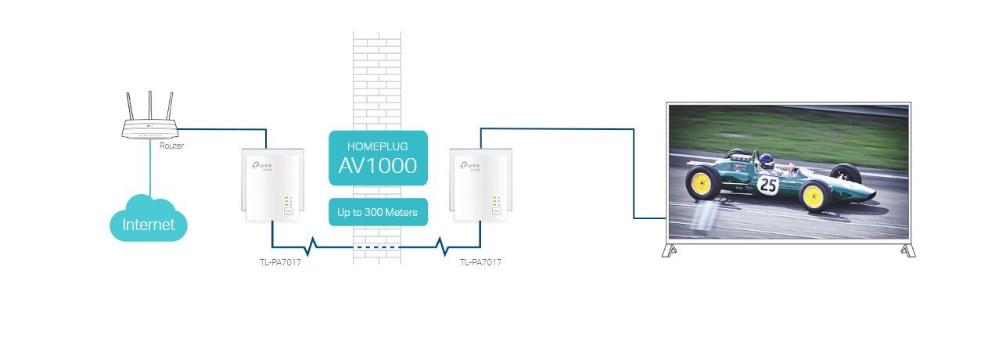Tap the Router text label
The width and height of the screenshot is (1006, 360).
click(x=171, y=146)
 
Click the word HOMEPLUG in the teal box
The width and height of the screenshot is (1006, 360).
click(x=378, y=146)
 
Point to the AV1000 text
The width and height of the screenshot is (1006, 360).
click(x=378, y=166)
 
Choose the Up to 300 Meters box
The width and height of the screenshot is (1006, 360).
click(x=378, y=212)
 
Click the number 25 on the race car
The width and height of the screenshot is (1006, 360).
click(x=768, y=185)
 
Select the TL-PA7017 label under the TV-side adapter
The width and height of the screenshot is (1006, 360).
click(x=480, y=262)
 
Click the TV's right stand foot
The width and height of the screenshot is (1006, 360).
click(x=907, y=250)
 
